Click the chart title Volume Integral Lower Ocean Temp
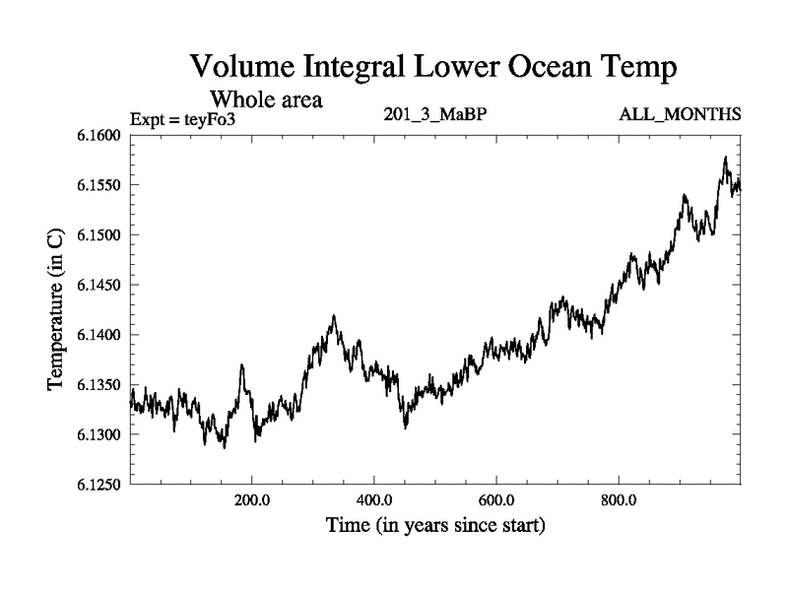click(x=434, y=68)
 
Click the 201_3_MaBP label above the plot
click(x=434, y=115)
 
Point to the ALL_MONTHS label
click(x=680, y=115)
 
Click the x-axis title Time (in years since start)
click(x=434, y=526)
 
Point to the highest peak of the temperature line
click(x=726, y=157)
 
